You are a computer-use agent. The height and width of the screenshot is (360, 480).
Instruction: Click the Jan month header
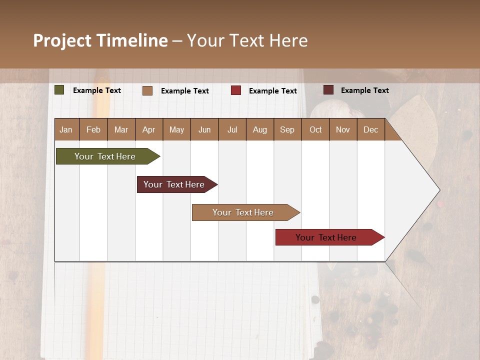point(66,129)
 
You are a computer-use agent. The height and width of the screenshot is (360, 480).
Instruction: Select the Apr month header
point(149,129)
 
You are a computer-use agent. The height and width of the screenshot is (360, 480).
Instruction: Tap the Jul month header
point(232,129)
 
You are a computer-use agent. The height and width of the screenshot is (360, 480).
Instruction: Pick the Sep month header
point(287,129)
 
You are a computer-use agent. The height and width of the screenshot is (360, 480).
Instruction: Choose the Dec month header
point(370,129)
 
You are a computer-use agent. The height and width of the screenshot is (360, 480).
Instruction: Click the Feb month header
point(93,129)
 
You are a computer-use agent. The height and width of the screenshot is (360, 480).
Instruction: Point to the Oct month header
point(315,129)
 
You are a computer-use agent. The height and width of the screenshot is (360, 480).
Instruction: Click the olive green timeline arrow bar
point(105,156)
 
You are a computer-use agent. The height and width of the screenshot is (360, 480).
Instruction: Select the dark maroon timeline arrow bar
point(174,184)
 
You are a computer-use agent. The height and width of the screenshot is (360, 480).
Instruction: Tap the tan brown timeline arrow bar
point(243,212)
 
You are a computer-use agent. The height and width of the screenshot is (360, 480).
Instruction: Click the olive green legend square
point(59,90)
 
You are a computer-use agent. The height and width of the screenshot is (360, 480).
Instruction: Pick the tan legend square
point(147,90)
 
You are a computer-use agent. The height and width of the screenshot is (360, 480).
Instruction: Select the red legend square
point(236,90)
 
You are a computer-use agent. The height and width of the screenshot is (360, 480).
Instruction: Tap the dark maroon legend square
point(328,90)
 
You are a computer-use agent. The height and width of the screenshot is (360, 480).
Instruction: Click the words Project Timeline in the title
point(100,40)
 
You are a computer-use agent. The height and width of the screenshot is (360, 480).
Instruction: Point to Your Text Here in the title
point(247,40)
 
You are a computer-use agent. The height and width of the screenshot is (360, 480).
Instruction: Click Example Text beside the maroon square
point(364,90)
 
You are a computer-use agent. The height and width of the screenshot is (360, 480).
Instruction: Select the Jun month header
point(204,129)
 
